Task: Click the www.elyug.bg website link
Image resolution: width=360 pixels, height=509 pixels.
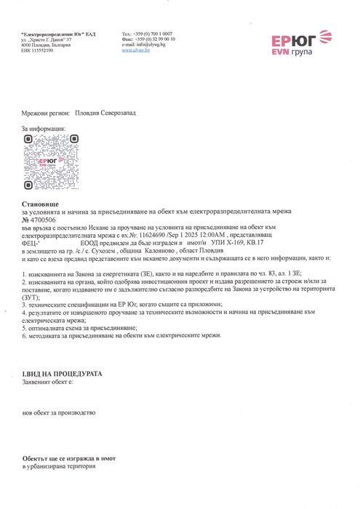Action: [x=137, y=50]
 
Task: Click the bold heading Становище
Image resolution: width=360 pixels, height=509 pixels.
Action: [x=40, y=207]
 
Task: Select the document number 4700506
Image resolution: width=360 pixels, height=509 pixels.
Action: [x=42, y=219]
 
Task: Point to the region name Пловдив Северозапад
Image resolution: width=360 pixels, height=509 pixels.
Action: [x=105, y=113]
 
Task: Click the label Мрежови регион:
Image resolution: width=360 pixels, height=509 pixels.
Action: [x=47, y=113]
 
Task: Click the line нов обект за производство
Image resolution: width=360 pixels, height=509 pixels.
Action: [x=59, y=412]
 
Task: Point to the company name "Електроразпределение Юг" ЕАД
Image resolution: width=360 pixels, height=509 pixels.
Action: [x=58, y=33]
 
